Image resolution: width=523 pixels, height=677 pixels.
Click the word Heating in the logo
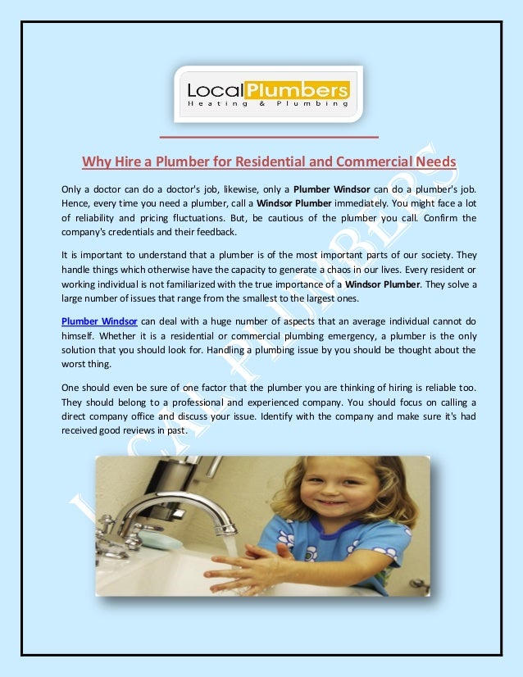tap(213, 103)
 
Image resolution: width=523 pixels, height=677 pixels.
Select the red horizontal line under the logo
tap(269, 136)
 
